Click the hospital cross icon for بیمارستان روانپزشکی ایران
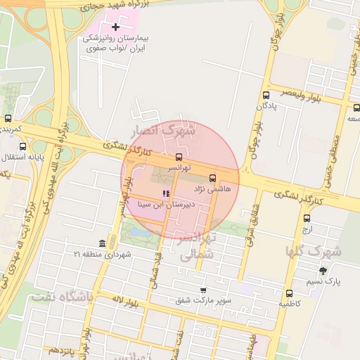tap(116, 27)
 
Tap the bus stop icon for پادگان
tap(266, 95)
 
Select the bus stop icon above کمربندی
tap(8, 118)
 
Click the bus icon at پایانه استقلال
tap(23, 147)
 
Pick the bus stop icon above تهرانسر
tap(178, 157)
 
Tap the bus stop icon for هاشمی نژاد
tap(213, 178)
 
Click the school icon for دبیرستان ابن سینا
tap(166, 193)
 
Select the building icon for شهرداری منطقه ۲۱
tap(103, 244)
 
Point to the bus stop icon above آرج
tap(307, 218)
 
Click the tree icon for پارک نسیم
tap(323, 270)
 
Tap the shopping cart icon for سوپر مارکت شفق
tap(203, 290)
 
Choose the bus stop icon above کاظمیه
tap(289, 293)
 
